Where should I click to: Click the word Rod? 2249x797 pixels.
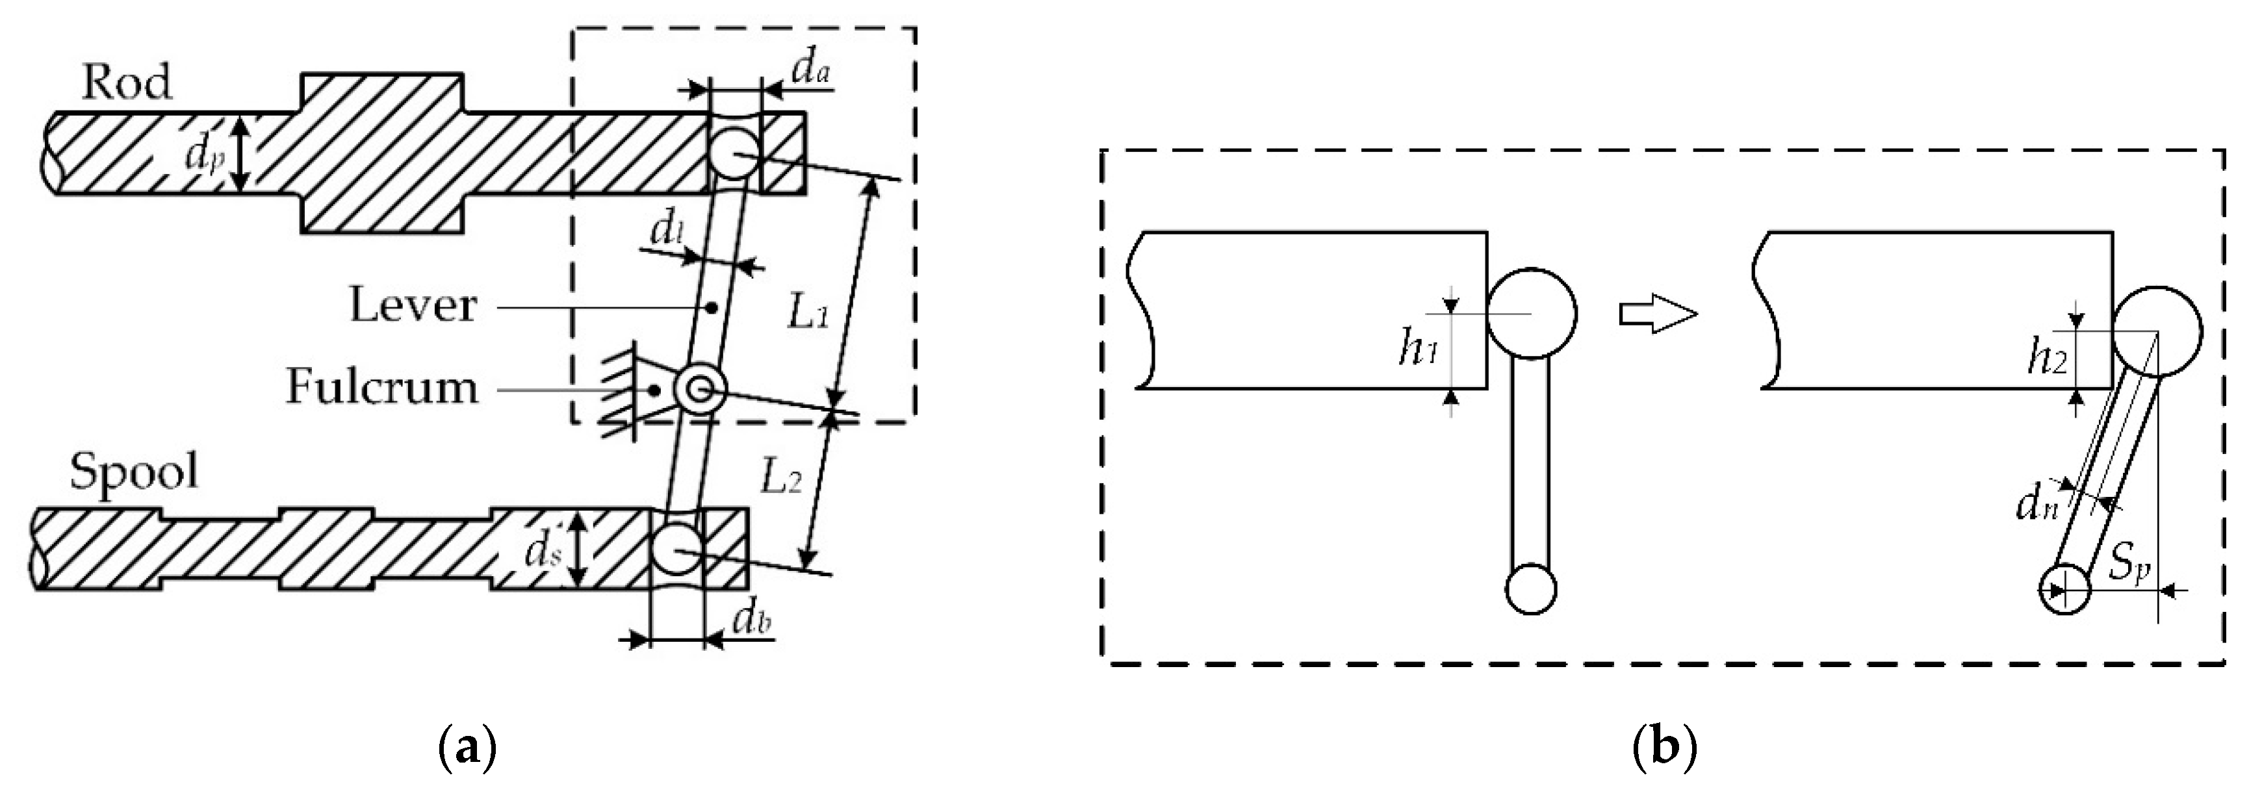[x=127, y=84]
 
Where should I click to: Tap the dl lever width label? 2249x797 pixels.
[x=669, y=231]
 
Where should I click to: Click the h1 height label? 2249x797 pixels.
[x=1417, y=349]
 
